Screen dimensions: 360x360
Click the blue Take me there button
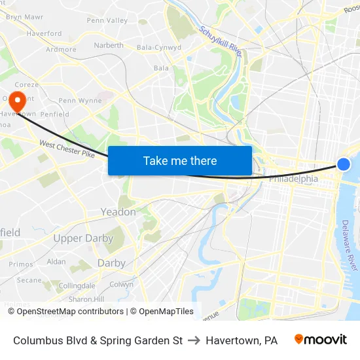(180, 160)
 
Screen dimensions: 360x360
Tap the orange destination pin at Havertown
(16, 101)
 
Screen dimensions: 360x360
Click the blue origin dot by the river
(344, 164)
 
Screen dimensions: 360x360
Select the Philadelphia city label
(293, 179)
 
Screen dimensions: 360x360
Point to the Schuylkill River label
(221, 41)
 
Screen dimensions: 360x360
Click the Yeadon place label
(118, 212)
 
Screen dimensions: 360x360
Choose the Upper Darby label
(83, 238)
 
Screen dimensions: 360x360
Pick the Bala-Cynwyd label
(159, 47)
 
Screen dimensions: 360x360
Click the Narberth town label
(108, 45)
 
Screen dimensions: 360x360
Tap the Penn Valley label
(107, 20)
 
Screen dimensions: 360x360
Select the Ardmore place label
(61, 49)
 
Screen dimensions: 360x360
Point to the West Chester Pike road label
(67, 149)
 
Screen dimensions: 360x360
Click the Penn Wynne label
(80, 101)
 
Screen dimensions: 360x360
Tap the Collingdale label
(77, 286)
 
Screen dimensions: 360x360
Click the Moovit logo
(321, 340)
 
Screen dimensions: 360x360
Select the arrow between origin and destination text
(194, 340)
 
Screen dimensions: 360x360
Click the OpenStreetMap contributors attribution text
(70, 312)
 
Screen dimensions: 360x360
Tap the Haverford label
(45, 33)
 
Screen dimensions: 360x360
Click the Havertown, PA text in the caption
(242, 340)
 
